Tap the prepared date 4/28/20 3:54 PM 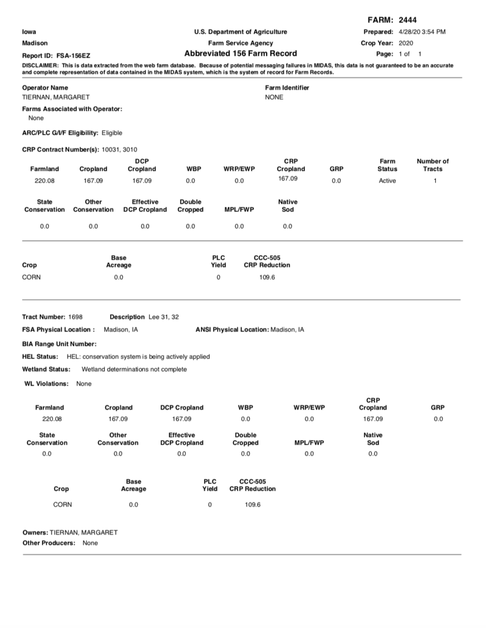click(x=422, y=32)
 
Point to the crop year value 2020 click(x=406, y=43)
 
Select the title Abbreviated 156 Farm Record click(x=240, y=53)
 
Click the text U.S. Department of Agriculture click(x=240, y=32)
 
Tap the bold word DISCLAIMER click(x=41, y=66)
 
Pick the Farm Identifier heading click(x=287, y=88)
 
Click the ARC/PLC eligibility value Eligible click(x=112, y=133)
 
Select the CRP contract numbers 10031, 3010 click(x=119, y=150)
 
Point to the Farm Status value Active click(x=387, y=181)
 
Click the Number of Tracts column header click(x=433, y=165)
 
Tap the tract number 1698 click(x=75, y=317)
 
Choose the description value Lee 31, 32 click(x=164, y=317)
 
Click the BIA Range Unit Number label click(x=59, y=344)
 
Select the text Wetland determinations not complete click(x=134, y=369)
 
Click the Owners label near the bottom click(x=35, y=533)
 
